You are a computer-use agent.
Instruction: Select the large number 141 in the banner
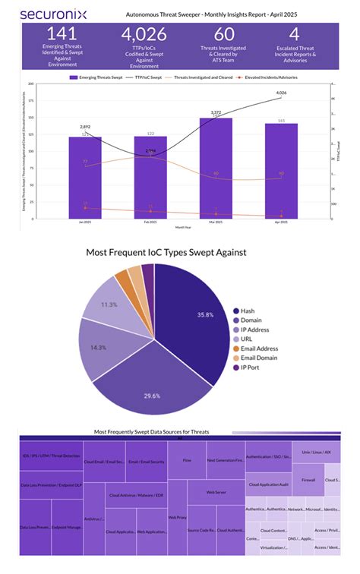click(x=62, y=33)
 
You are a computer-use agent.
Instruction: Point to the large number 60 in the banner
click(x=223, y=33)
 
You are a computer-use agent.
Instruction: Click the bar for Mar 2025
click(x=216, y=167)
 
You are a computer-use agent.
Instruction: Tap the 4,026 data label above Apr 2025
click(x=280, y=93)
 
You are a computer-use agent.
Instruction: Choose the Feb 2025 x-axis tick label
click(x=150, y=222)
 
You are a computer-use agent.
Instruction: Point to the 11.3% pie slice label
click(x=109, y=304)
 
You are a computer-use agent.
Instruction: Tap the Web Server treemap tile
click(x=217, y=492)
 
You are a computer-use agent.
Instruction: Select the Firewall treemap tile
click(x=308, y=480)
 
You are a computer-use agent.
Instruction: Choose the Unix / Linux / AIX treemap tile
click(x=316, y=452)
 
